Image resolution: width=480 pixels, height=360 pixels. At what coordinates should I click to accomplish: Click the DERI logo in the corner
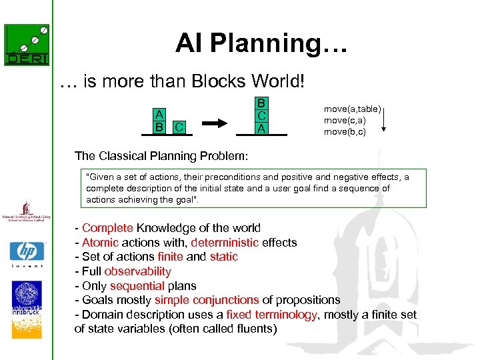[26, 45]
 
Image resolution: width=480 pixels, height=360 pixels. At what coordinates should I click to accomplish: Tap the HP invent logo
[26, 254]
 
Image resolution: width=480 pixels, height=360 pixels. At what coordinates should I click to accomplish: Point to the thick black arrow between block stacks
[215, 123]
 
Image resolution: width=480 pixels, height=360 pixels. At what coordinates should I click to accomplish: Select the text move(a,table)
[352, 109]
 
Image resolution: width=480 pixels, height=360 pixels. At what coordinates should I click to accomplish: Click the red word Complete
[107, 228]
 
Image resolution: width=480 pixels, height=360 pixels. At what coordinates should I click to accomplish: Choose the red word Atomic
[100, 243]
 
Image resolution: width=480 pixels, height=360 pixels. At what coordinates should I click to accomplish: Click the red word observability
[137, 271]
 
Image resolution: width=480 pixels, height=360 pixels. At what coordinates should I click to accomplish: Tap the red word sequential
[138, 286]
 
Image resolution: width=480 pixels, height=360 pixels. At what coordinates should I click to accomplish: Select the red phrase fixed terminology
[271, 315]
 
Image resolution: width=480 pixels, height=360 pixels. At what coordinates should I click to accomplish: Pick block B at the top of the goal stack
[262, 103]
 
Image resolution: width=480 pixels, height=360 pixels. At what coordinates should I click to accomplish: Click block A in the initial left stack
[159, 114]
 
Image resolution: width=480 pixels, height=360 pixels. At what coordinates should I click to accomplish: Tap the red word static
[223, 257]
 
